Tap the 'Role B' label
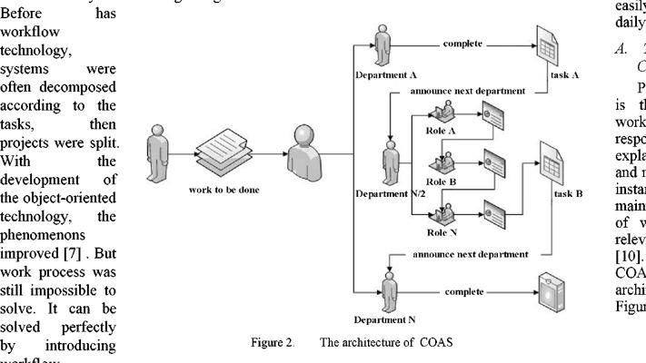coord(442,181)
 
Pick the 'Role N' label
coord(442,231)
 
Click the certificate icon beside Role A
coord(498,116)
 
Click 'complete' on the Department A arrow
coord(464,42)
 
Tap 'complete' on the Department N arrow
coord(464,292)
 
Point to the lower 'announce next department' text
coord(470,255)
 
